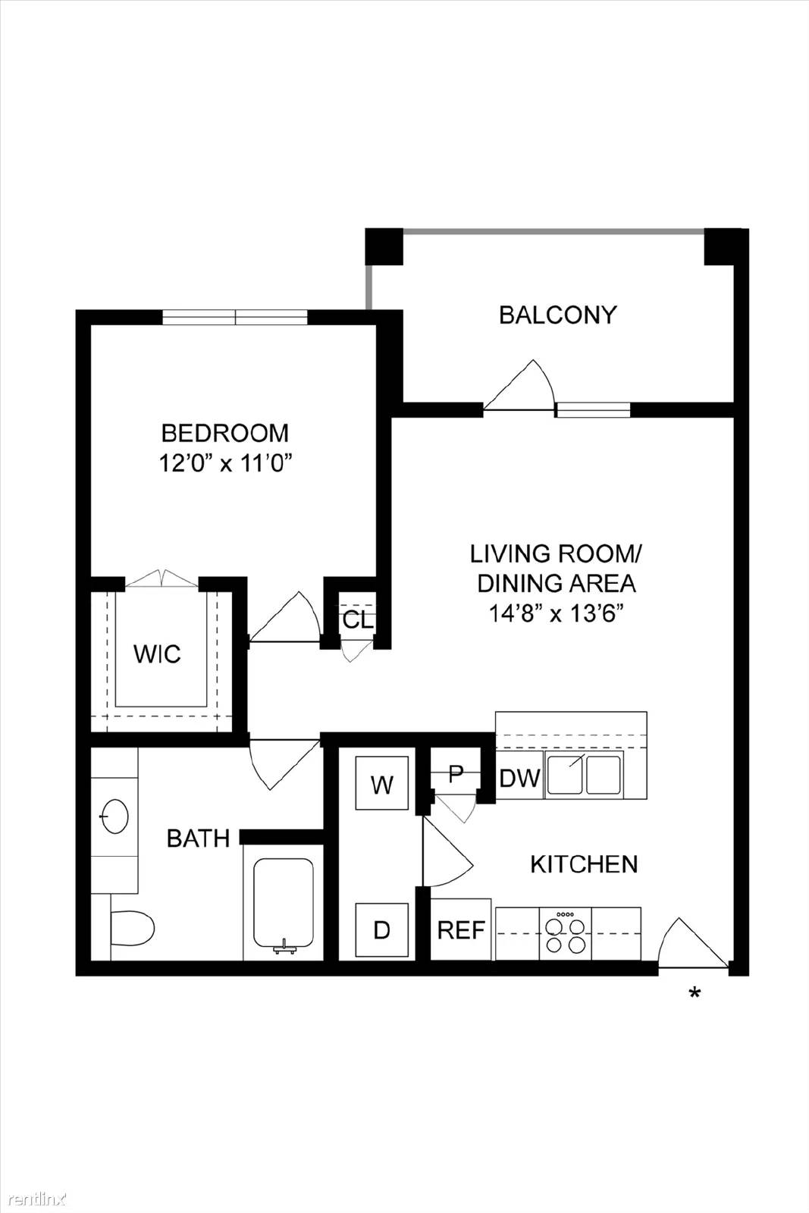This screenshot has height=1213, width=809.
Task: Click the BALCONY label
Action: (x=557, y=315)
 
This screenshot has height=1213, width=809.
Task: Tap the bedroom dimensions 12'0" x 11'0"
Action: (x=225, y=462)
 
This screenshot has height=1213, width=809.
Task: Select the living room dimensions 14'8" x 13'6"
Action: (x=556, y=613)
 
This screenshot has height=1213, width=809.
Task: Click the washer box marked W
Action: (x=382, y=785)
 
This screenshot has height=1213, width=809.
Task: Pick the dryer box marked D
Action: (x=381, y=929)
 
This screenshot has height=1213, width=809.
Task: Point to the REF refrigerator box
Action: (x=461, y=930)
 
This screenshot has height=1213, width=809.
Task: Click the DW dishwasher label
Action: (x=519, y=778)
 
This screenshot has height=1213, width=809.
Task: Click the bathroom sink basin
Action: (x=114, y=817)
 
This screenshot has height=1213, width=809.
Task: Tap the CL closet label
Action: (x=358, y=619)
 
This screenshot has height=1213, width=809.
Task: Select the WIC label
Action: (x=157, y=654)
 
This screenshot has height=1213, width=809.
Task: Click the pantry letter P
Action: (x=455, y=773)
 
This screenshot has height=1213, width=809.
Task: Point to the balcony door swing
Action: (x=524, y=387)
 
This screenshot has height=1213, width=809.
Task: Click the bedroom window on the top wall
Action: (x=235, y=317)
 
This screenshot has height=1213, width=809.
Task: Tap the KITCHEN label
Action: (x=583, y=864)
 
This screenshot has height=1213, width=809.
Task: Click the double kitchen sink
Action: (x=583, y=775)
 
